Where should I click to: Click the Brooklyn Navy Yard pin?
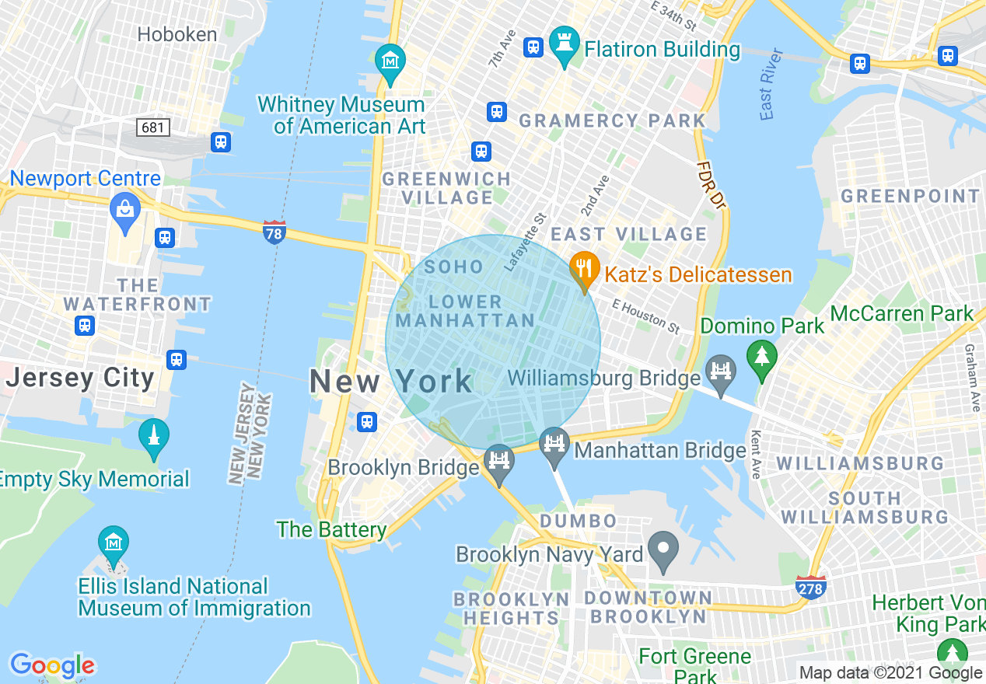[663, 550]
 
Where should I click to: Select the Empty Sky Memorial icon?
[153, 438]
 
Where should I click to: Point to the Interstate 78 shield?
[274, 232]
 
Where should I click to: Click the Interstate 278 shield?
[810, 588]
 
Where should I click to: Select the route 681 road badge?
[153, 127]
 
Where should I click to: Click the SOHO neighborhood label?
[454, 267]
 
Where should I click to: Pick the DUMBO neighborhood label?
[579, 521]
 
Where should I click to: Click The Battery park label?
[332, 530]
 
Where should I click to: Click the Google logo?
[52, 665]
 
